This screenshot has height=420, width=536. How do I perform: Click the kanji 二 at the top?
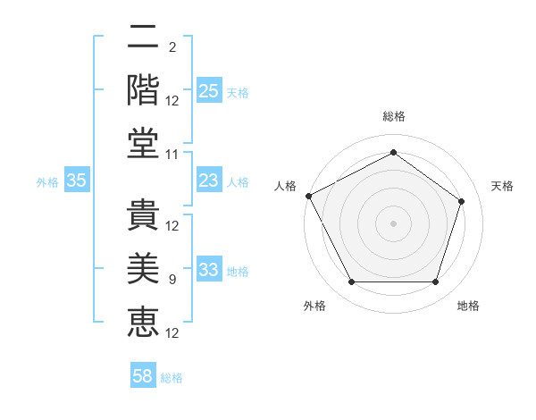click(x=143, y=38)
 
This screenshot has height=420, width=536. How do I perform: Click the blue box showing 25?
click(x=208, y=91)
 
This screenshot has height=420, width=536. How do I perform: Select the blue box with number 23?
click(x=208, y=181)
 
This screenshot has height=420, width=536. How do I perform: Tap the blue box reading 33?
click(x=208, y=271)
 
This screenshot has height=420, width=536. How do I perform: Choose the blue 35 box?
click(x=77, y=181)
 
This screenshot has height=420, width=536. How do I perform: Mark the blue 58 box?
click(x=143, y=377)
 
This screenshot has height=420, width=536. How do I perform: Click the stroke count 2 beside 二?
click(x=172, y=47)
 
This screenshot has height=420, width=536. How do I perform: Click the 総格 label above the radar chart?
click(x=394, y=116)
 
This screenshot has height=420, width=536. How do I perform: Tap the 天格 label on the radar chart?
click(x=503, y=186)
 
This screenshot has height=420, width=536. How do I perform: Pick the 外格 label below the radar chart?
click(x=314, y=307)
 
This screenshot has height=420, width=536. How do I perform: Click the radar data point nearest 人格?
click(x=308, y=196)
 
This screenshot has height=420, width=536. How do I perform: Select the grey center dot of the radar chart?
click(x=394, y=223)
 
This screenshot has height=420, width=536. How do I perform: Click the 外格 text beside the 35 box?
click(x=47, y=182)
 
